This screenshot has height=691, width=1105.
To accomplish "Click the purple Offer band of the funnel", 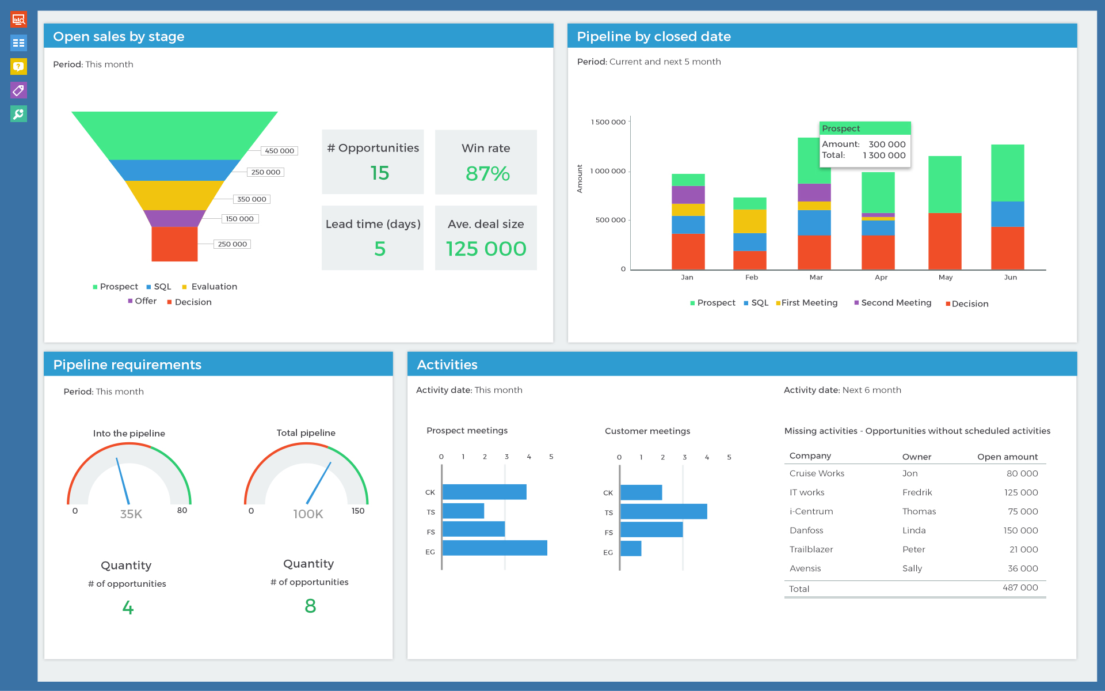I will [174, 218].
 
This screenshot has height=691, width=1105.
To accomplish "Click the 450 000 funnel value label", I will [279, 151].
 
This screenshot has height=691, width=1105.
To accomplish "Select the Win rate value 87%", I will [487, 173].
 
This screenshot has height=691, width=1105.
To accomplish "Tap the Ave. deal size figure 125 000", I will [486, 249].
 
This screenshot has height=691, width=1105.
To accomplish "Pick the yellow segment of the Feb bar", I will [749, 221].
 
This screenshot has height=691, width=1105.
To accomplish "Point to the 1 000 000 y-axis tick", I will [608, 171].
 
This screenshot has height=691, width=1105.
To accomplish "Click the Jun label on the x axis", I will [1010, 278].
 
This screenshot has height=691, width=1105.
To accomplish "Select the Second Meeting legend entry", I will [896, 303].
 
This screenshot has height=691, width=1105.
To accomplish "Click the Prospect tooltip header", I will [864, 128].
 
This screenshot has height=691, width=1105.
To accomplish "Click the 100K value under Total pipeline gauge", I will [308, 514].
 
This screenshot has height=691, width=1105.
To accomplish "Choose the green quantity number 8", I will [310, 606].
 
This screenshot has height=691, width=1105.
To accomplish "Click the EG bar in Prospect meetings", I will [494, 548].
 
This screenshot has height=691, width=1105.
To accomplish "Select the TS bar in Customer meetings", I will [663, 511].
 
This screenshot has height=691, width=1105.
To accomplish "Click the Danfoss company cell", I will [806, 530].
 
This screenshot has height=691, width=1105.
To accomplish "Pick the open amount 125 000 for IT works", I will [1020, 492].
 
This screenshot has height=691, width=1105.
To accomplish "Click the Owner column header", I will [916, 457].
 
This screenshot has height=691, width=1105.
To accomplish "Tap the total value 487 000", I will [1020, 588].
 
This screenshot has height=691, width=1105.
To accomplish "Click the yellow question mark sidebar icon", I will [18, 67].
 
